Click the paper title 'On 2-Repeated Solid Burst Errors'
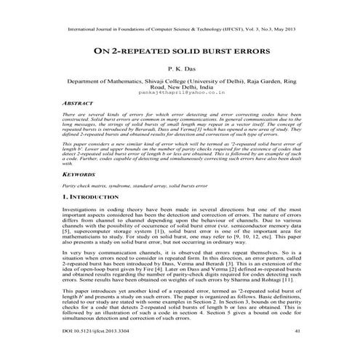click(x=180, y=52)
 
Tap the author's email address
click(x=180, y=94)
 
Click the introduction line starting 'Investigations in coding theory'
click(x=180, y=209)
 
